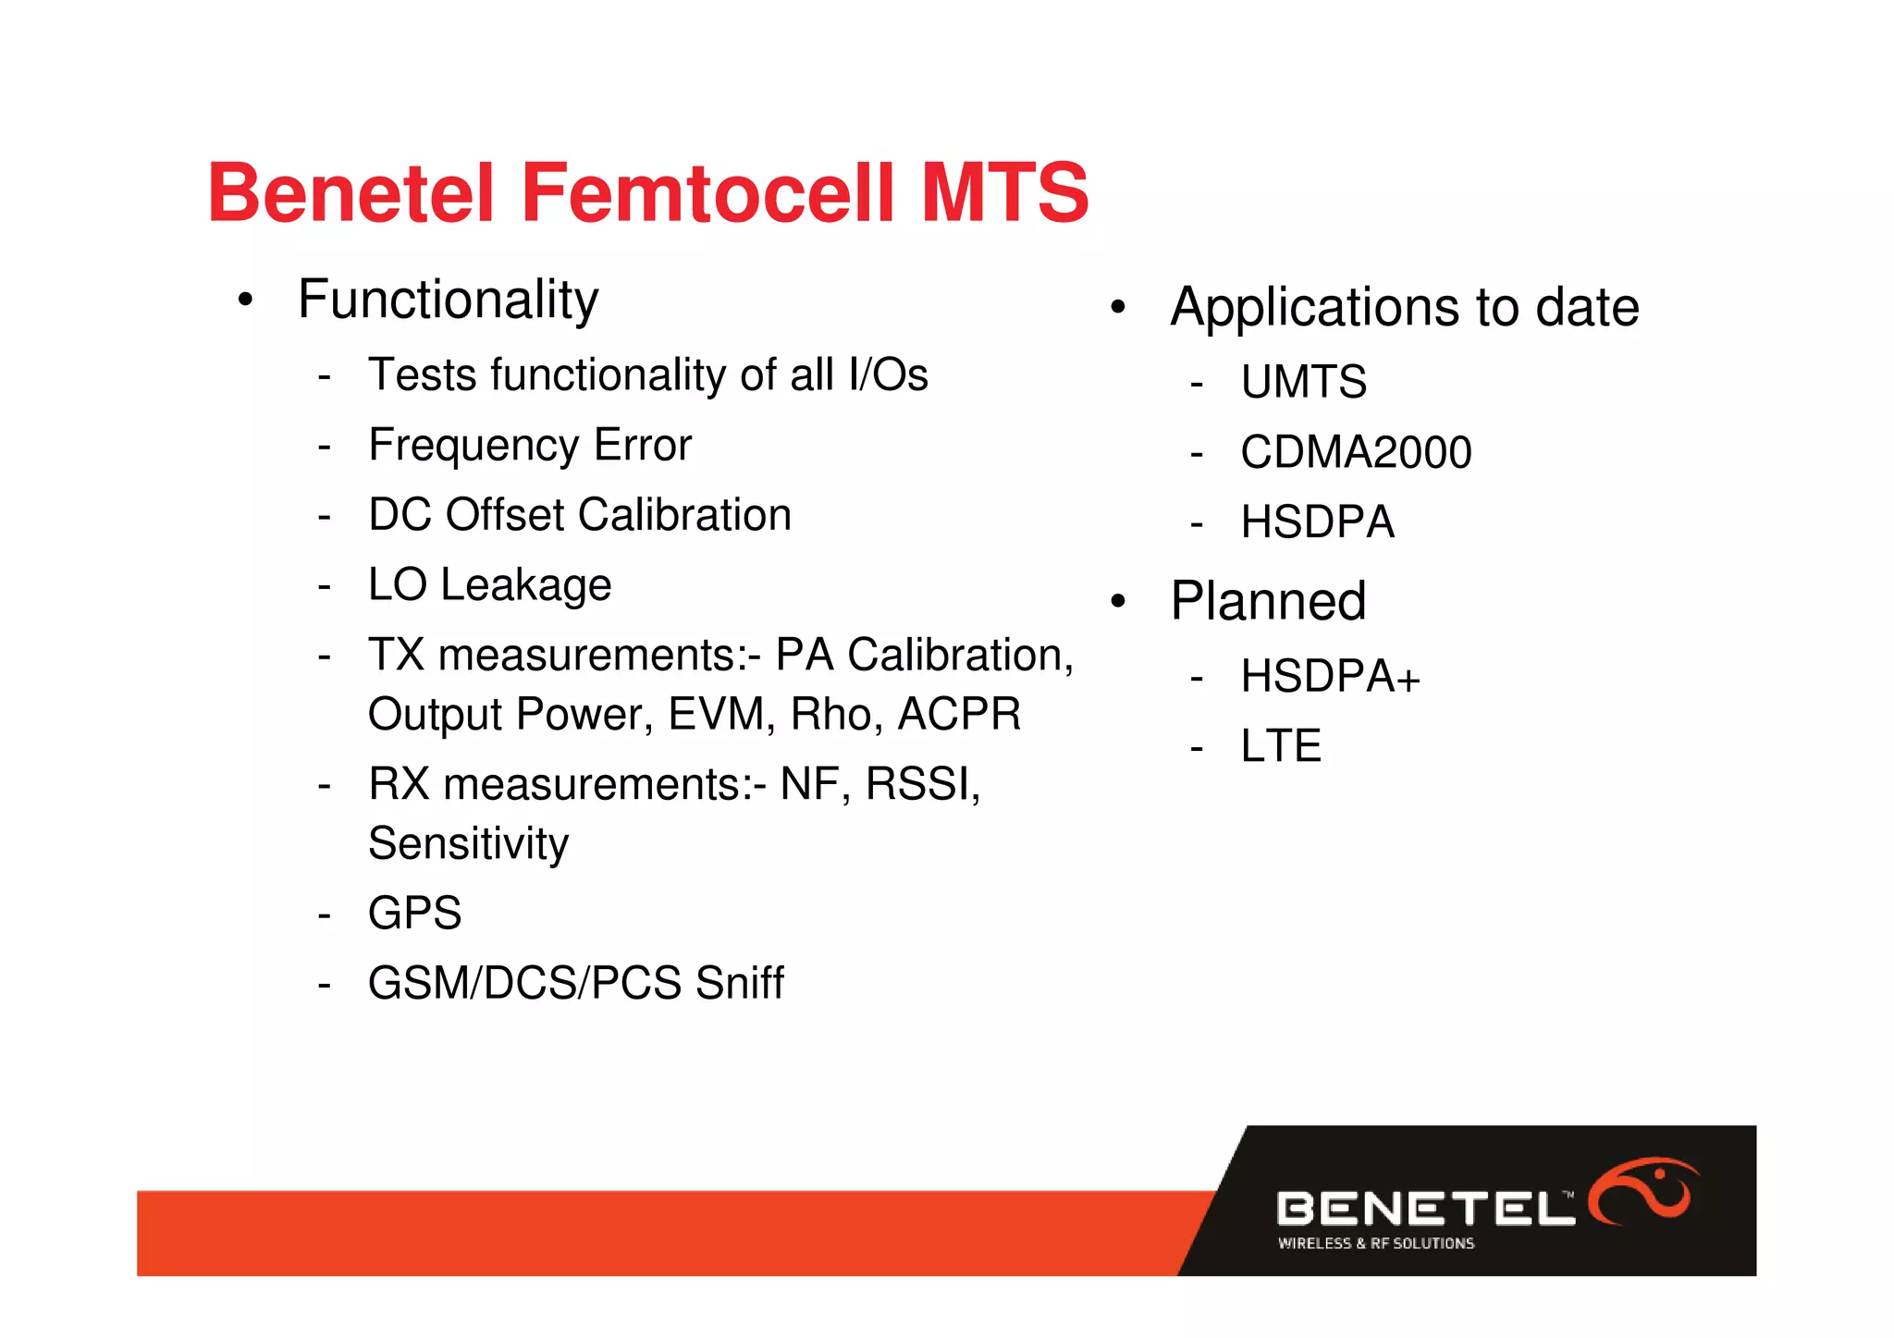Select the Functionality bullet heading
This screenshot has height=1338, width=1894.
point(448,300)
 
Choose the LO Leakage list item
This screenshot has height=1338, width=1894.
point(489,585)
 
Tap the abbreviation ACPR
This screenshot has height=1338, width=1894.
point(959,715)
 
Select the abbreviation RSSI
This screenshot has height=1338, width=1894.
point(921,784)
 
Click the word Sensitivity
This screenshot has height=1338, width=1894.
point(468,843)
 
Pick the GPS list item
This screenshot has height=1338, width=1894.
point(414,914)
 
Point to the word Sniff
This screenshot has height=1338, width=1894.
point(739,983)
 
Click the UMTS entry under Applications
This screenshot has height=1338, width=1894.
point(1303,382)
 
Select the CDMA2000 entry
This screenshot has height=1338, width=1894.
point(1355,452)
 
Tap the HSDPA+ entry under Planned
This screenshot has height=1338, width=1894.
point(1329,676)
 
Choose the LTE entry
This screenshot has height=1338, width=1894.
point(1280,746)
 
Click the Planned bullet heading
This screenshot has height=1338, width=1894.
point(1267,601)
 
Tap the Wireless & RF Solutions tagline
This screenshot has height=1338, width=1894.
point(1375,1244)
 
